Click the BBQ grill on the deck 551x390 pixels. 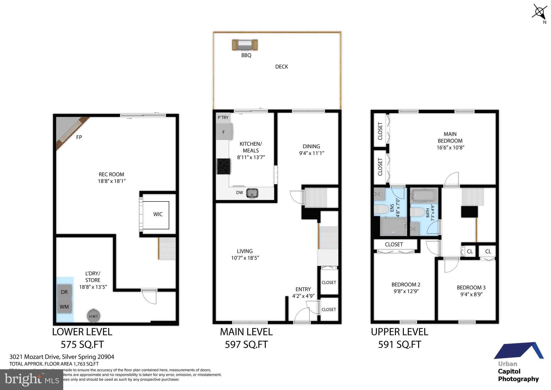pyautogui.click(x=245, y=45)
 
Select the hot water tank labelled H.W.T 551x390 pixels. pyautogui.click(x=93, y=316)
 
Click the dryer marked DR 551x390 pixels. pyautogui.click(x=64, y=292)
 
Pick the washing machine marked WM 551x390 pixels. pyautogui.click(x=64, y=307)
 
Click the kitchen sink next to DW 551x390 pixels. pyautogui.click(x=252, y=193)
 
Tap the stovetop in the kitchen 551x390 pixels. pyautogui.click(x=224, y=166)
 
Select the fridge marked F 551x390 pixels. pyautogui.click(x=224, y=132)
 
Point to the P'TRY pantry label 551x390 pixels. pyautogui.click(x=223, y=117)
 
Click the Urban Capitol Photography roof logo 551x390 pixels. pyautogui.click(x=519, y=351)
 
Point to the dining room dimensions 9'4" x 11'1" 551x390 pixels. pyautogui.click(x=311, y=153)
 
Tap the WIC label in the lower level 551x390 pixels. pyautogui.click(x=158, y=214)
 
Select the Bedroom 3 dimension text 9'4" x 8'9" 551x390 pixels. pyautogui.click(x=471, y=294)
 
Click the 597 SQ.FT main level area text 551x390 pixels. pyautogui.click(x=246, y=344)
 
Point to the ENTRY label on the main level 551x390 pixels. pyautogui.click(x=303, y=289)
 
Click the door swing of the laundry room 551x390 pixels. pyautogui.click(x=150, y=297)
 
